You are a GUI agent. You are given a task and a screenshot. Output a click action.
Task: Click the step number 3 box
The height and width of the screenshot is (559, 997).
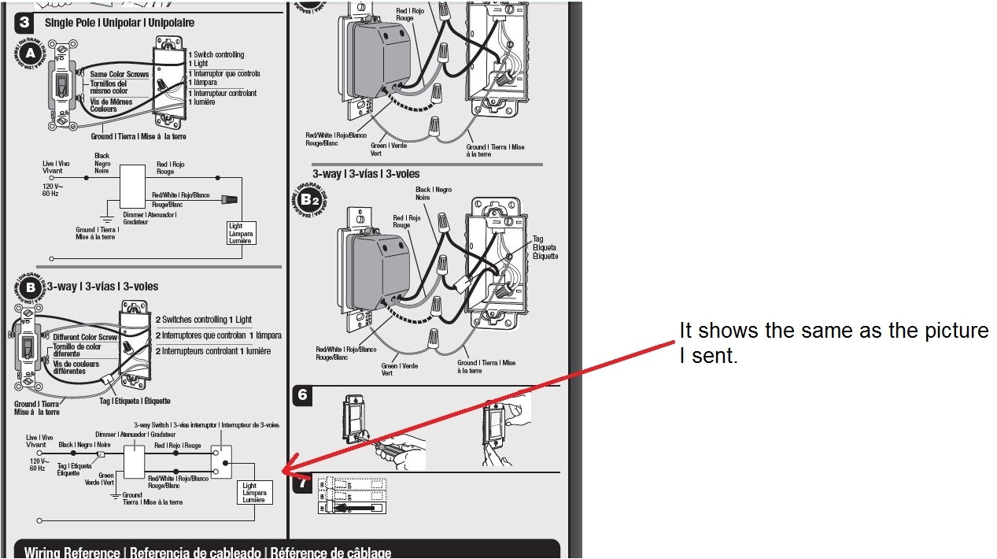point(24,23)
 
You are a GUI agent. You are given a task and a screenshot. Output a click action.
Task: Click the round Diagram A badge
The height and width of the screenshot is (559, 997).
point(30,54)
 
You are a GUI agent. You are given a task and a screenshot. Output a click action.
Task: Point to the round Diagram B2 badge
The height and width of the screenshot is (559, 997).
point(307,200)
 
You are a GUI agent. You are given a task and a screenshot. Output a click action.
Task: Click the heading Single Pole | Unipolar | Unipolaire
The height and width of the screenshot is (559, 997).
point(120,23)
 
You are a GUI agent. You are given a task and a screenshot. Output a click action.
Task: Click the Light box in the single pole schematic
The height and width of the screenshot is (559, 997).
point(239,232)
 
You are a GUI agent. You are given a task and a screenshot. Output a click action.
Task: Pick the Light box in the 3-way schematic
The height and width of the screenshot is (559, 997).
point(255,492)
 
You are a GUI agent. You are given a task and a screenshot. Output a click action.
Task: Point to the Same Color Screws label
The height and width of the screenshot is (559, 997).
point(119,75)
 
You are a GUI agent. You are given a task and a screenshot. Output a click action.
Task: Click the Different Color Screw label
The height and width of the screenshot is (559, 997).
point(85,337)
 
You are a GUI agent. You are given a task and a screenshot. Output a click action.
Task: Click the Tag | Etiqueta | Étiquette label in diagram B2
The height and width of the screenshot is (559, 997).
point(544,247)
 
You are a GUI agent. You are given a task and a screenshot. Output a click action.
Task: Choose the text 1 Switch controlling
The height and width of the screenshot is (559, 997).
point(216,54)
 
